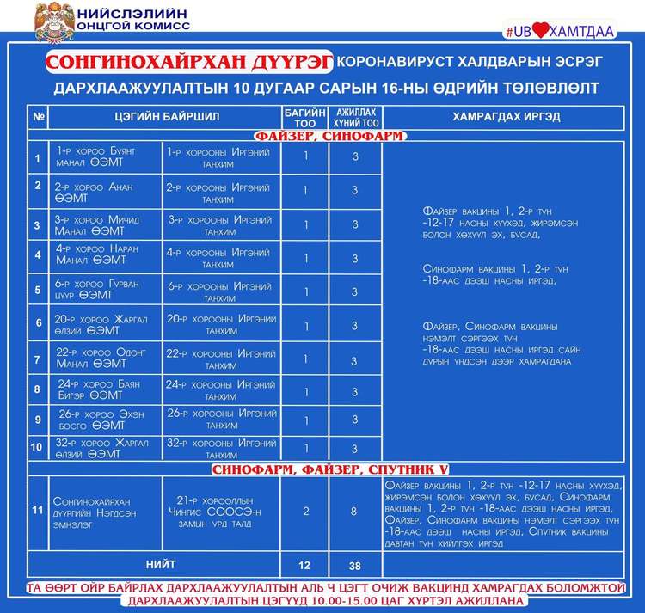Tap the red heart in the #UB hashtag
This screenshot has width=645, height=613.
pyautogui.click(x=540, y=30)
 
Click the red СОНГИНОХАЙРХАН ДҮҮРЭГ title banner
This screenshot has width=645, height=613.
pyautogui.click(x=188, y=63)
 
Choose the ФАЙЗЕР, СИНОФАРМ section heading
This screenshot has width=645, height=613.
pyautogui.click(x=329, y=135)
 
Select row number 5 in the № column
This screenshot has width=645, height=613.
pyautogui.click(x=37, y=291)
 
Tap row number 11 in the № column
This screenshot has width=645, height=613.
pyautogui.click(x=37, y=511)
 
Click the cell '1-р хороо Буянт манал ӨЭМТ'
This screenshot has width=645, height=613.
pyautogui.click(x=95, y=156)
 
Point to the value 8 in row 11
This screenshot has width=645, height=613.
pyautogui.click(x=354, y=511)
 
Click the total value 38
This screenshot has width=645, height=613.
pyautogui.click(x=354, y=566)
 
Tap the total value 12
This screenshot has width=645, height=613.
pyautogui.click(x=304, y=566)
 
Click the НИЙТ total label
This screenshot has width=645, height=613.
pyautogui.click(x=161, y=565)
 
